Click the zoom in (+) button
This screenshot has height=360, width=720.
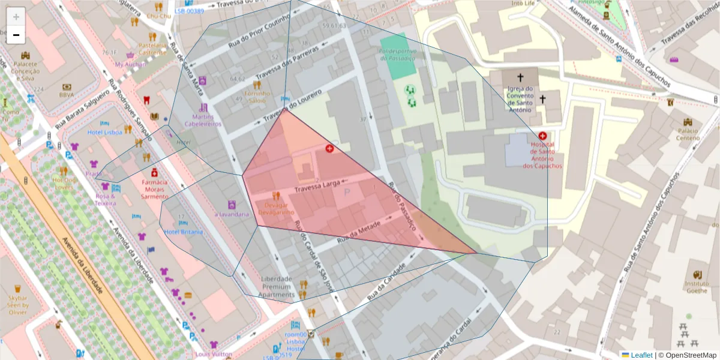(16, 16)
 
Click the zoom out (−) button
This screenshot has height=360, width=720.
(16, 35)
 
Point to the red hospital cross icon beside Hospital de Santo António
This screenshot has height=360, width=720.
(542, 136)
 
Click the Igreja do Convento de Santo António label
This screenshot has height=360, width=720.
(520, 98)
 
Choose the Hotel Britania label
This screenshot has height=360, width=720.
(184, 232)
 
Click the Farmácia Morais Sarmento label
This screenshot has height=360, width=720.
(155, 188)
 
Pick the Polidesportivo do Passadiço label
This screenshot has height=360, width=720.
(397, 55)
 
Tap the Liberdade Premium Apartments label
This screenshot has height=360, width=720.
(277, 287)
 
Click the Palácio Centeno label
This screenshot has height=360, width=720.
(688, 134)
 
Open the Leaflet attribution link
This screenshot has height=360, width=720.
(641, 355)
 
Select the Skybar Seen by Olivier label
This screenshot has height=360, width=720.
(17, 304)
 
